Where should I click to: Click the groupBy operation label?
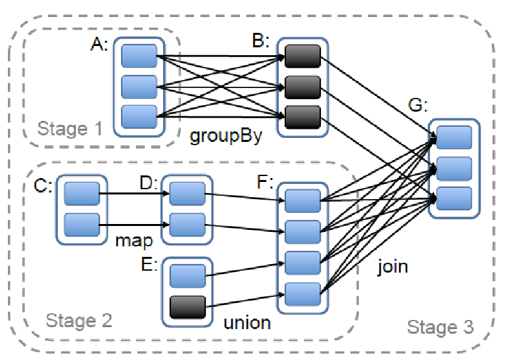click(226, 137)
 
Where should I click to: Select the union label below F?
click(247, 323)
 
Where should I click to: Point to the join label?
click(393, 266)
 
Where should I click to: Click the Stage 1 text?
click(70, 128)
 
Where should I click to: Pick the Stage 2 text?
click(79, 321)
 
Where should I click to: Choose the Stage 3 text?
click(440, 326)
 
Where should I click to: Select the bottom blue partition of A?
click(139, 116)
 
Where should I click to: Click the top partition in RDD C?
click(82, 194)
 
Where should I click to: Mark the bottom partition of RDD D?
click(187, 225)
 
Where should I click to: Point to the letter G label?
click(416, 106)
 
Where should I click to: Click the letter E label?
click(149, 265)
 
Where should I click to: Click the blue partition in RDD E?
click(188, 275)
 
